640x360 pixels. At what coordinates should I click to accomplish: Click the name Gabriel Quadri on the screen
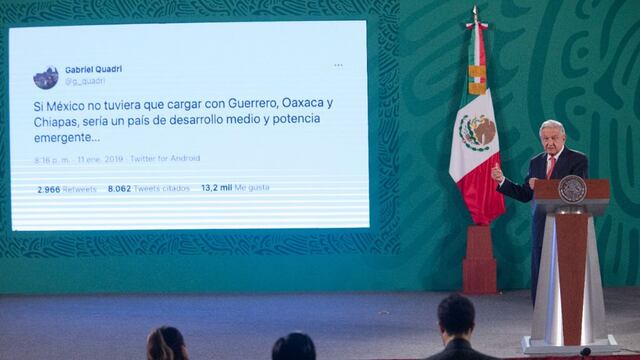(93, 70)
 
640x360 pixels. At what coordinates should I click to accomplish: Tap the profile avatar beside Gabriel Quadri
(46, 77)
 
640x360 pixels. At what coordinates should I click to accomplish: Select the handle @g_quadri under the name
(85, 81)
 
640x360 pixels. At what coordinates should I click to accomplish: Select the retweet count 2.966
(48, 188)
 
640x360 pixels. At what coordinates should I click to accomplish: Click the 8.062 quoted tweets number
(119, 188)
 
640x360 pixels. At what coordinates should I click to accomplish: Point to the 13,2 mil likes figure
(216, 187)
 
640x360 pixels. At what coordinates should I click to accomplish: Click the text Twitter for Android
(165, 158)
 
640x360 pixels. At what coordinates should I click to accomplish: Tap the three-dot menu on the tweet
(338, 66)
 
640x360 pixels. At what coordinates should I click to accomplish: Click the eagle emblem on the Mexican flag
(477, 131)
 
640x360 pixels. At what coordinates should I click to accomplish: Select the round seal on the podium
(572, 189)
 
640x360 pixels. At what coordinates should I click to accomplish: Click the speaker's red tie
(550, 167)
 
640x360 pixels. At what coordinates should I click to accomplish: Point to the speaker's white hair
(552, 126)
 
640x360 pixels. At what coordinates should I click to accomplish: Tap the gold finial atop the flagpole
(475, 14)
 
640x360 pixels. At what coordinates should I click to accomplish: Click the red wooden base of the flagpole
(480, 261)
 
